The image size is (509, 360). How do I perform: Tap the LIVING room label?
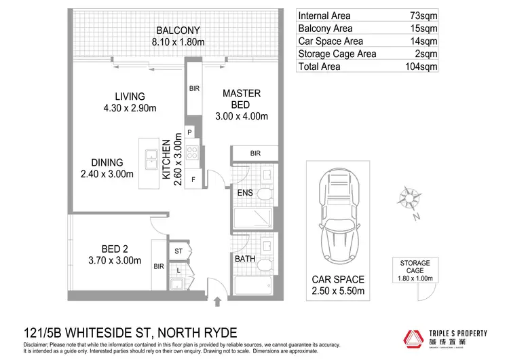(130, 96)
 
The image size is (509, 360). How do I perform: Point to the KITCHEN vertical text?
(166, 159)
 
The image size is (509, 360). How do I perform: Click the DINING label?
(107, 163)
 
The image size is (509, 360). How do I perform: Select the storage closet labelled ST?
(179, 252)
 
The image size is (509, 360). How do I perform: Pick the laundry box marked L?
(178, 270)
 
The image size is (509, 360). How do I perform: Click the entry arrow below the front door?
(217, 300)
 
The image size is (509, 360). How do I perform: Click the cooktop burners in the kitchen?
(191, 154)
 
